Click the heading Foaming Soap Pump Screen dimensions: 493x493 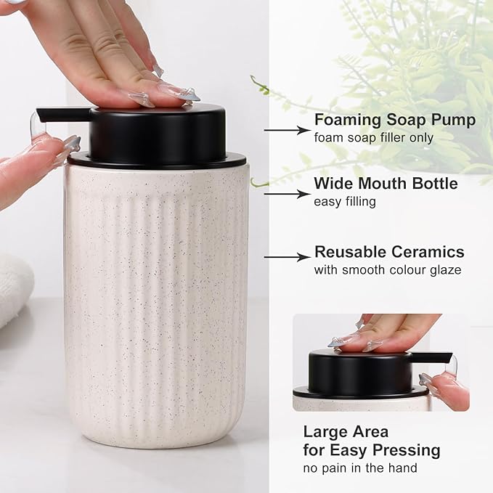pyautogui.click(x=395, y=120)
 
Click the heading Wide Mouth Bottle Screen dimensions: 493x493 pyautogui.click(x=386, y=184)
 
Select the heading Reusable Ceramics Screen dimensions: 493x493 pyautogui.click(x=389, y=252)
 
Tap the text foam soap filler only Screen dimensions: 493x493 pyautogui.click(x=373, y=137)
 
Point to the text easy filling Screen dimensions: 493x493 pyautogui.click(x=345, y=201)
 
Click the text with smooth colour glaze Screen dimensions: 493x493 pyautogui.click(x=387, y=270)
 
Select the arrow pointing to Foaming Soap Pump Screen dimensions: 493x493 pyautogui.click(x=287, y=131)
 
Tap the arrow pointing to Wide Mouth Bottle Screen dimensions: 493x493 pyautogui.click(x=287, y=194)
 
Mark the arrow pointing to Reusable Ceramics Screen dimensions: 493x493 pyautogui.click(x=287, y=256)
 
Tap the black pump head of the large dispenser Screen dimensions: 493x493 pyautogui.click(x=156, y=134)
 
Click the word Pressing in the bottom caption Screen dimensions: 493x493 pyautogui.click(x=405, y=450)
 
